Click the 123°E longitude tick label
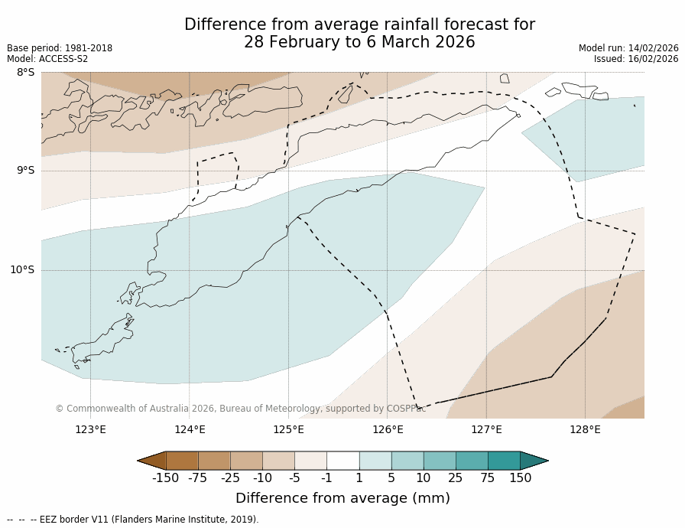coord(90,429)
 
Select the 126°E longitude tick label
coord(388,429)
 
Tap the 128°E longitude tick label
coord(585,429)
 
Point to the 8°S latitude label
coord(25,73)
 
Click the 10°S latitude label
coord(22,270)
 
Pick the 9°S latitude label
coord(25,171)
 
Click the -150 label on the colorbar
coord(165,478)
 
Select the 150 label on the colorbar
coord(520,478)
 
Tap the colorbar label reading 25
coord(456,478)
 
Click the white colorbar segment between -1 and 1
coord(342,460)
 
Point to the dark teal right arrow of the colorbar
coord(534,460)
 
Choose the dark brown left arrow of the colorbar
coord(151,460)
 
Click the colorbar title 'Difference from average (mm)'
coord(342,498)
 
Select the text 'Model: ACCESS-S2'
coord(47,59)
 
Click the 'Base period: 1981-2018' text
coord(60,48)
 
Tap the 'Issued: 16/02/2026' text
coord(636,59)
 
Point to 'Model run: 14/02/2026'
coord(628,48)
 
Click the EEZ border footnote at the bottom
coord(133,520)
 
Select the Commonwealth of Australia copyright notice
coord(240,409)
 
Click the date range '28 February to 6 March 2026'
coord(359,43)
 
